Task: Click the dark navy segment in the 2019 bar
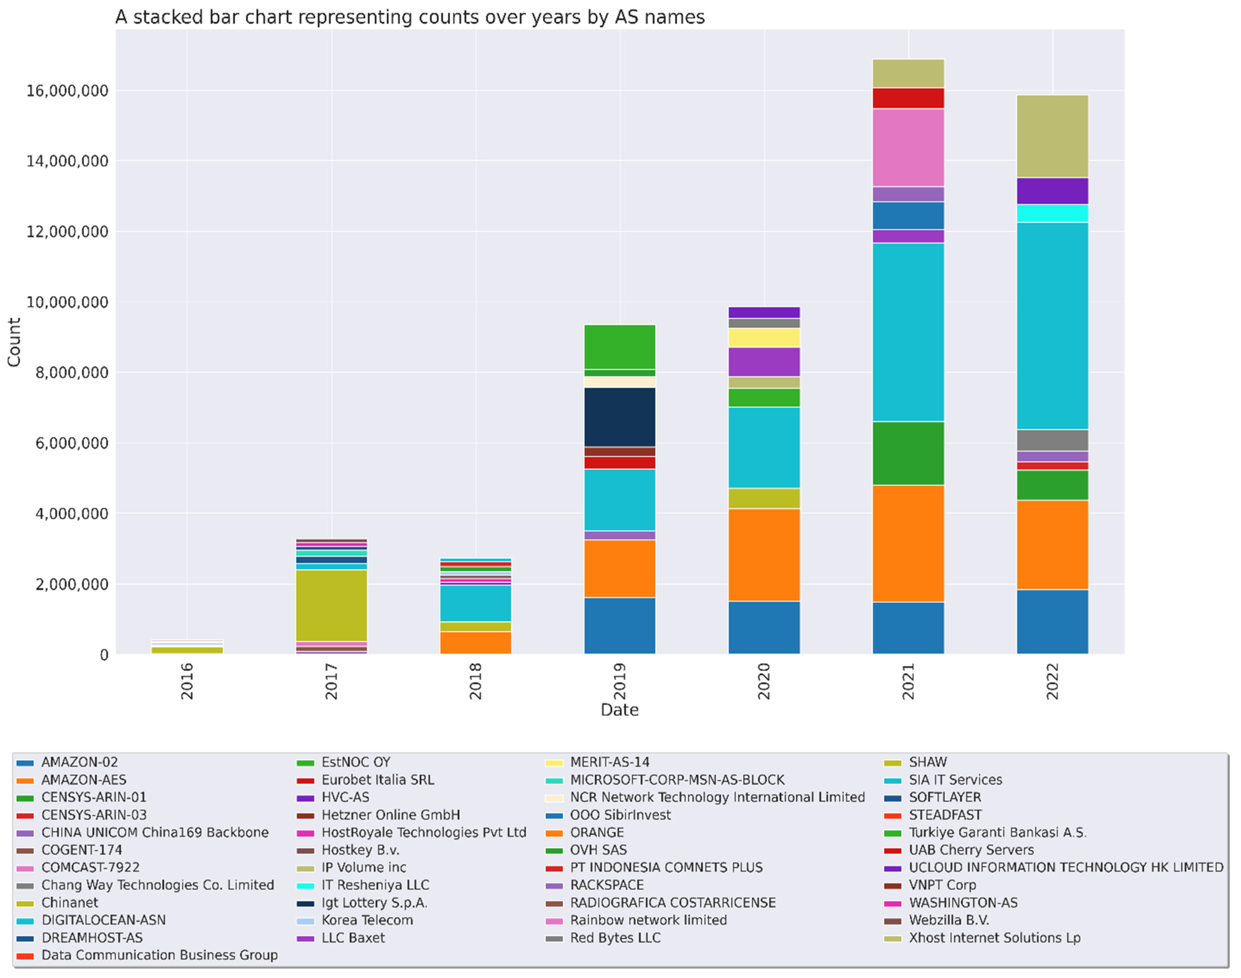620,417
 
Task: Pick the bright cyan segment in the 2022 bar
1053,213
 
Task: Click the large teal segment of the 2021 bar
908,332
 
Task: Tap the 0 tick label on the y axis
104,654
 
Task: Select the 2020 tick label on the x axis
764,681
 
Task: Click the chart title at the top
410,17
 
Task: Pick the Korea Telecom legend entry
366,920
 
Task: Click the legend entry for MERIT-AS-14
609,762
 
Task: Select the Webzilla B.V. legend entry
948,920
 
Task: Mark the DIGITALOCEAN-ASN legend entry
103,920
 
